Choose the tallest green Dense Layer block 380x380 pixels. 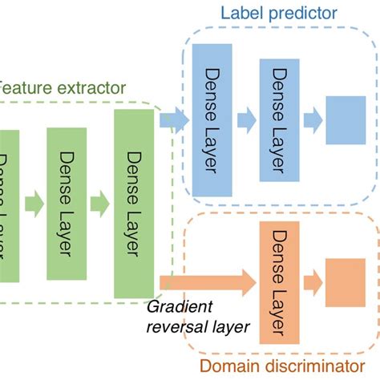tap(133, 200)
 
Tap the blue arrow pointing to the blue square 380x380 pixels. tap(313, 120)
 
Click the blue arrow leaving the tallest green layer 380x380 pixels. tap(172, 120)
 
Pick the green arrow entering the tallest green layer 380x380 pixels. tap(99, 200)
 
